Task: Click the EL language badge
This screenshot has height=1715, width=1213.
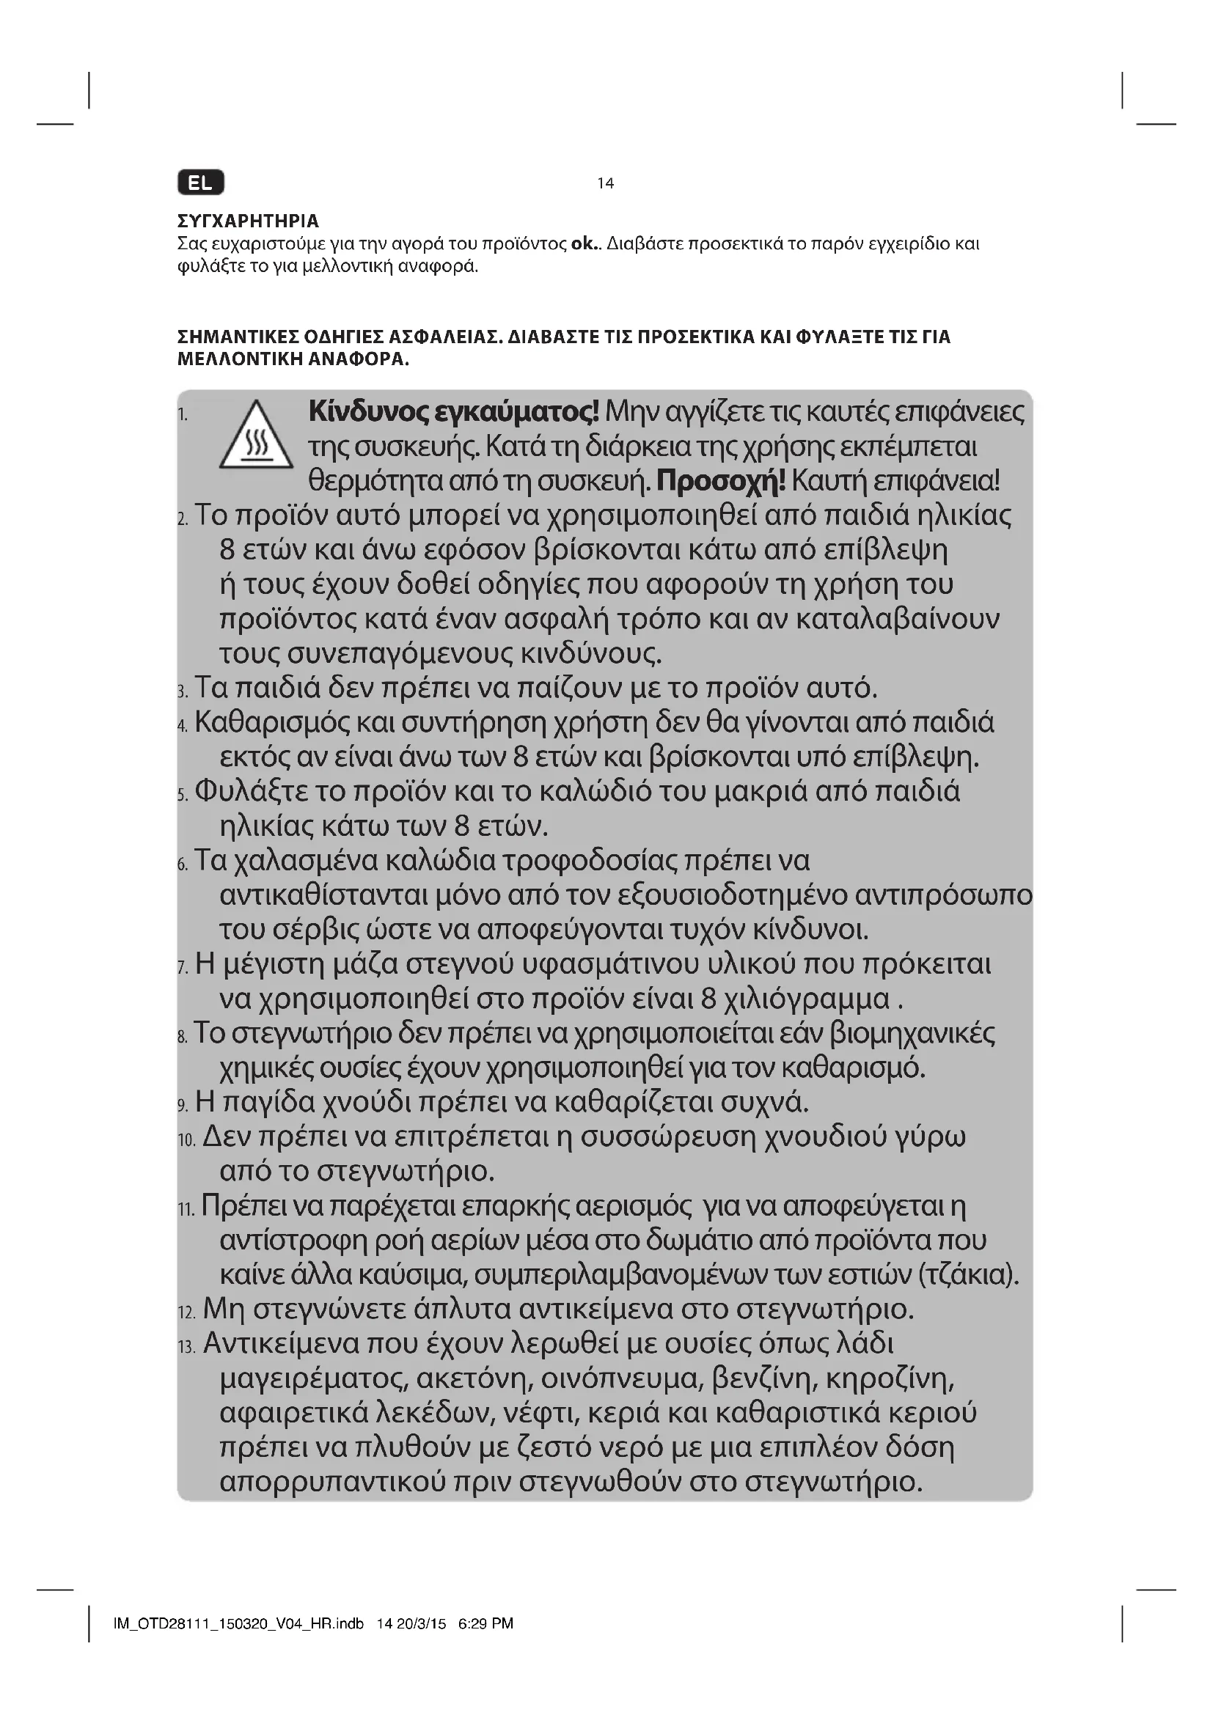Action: coord(200,183)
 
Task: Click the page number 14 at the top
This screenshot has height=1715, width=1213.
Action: coord(605,183)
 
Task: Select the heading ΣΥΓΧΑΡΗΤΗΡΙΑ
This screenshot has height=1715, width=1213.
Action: coord(248,221)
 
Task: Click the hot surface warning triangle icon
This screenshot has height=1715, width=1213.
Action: coord(255,436)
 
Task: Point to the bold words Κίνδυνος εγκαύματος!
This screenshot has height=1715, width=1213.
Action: coord(453,411)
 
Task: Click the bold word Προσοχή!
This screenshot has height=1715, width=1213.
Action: coord(721,481)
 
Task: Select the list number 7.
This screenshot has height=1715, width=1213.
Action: coord(183,968)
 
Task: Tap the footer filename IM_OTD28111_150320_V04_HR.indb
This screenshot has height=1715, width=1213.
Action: coord(238,1623)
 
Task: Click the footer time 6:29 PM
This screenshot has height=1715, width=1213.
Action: coord(485,1623)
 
